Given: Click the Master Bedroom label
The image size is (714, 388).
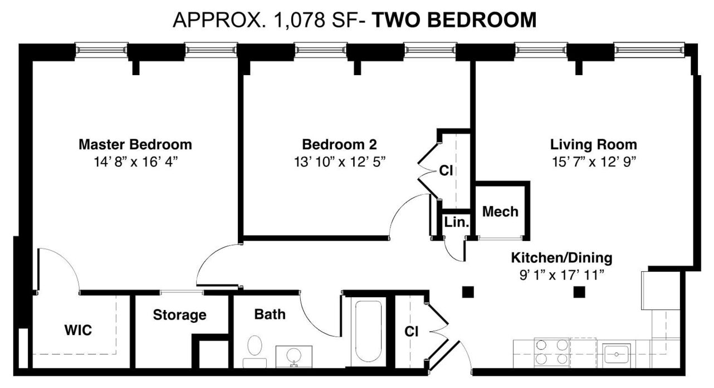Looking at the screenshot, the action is point(135,144).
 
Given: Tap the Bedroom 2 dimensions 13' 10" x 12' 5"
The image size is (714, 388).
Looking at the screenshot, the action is point(340,162).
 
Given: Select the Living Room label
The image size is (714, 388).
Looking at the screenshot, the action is point(594,144).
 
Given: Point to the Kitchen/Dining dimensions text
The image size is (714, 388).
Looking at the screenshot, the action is point(562,275).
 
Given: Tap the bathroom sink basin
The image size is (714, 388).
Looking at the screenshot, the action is point(294,355).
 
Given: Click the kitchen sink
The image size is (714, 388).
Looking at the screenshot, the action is point(616,354).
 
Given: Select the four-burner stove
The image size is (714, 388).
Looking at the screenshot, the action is point(552,352).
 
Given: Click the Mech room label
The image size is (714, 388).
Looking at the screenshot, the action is point(500,212).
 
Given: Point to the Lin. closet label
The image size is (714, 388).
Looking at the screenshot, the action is point(457,222).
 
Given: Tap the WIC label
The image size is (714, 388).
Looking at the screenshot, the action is point(78,330).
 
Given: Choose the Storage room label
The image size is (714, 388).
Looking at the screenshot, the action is point(179,315).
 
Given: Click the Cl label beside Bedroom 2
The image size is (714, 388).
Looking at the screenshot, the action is point(446,171).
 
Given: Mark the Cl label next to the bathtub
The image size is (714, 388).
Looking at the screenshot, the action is point(411,332).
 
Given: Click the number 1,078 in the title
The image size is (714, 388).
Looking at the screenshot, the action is point(299,20).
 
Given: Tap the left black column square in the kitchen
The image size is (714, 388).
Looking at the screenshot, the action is point(468,292).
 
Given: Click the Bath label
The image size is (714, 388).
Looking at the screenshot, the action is point(270,315).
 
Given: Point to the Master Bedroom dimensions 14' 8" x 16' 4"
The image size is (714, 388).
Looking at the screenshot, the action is point(135,162).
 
